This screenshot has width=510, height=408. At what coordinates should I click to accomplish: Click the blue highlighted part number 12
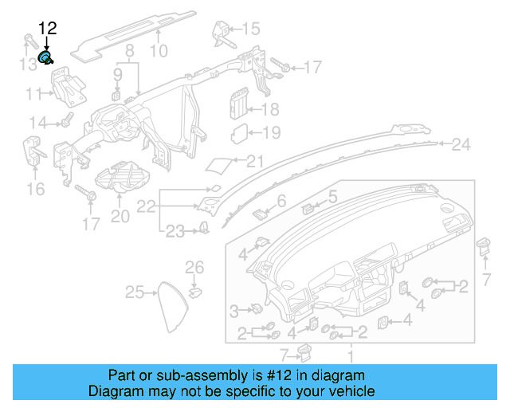point(46,57)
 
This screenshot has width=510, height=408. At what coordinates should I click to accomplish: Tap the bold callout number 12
point(48,29)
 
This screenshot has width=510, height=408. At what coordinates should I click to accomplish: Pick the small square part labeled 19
point(239,133)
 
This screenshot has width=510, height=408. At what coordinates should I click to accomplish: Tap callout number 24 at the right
point(461,144)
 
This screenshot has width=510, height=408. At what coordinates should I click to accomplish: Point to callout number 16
point(35,189)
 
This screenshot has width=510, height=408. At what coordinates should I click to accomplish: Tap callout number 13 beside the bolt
point(28,64)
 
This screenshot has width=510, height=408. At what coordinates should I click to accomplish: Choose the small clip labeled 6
point(261,213)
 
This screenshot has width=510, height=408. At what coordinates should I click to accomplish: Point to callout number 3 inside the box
point(235,309)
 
